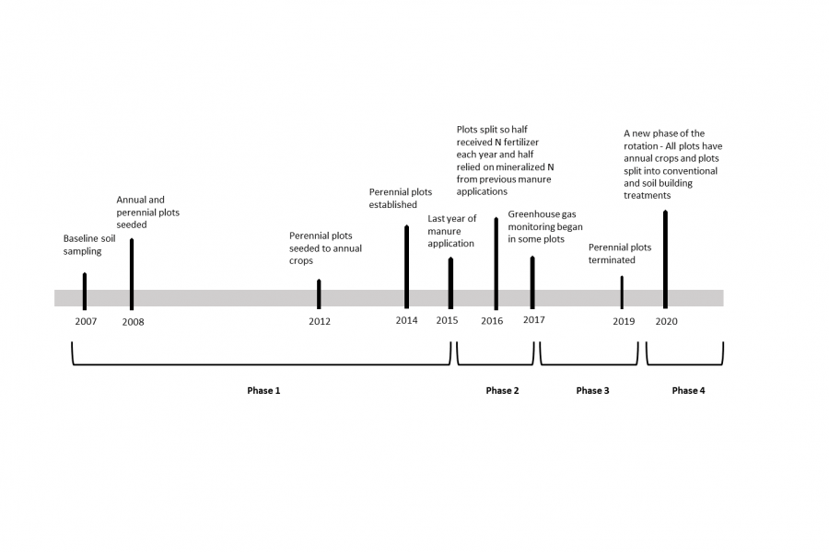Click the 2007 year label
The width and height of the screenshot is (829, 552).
86,321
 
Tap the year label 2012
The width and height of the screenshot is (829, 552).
320,321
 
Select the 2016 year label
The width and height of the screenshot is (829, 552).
492,321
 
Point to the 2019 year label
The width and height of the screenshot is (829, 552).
624,321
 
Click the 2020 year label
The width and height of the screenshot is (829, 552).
667,321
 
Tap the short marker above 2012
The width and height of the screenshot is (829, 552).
319,293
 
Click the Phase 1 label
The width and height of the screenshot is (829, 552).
263,391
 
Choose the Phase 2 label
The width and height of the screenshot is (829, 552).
502,391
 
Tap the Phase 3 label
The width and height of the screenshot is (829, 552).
592,391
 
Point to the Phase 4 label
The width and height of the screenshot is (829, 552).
688,391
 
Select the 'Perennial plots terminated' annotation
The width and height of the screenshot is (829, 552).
619,253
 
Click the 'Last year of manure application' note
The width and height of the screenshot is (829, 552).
451,231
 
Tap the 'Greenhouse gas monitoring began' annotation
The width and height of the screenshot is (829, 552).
545,233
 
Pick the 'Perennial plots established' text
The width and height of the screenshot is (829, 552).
400,198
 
